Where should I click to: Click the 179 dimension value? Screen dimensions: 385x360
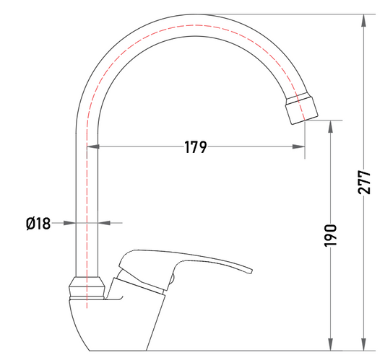pos(196,147)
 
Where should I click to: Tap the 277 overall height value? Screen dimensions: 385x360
pos(364,183)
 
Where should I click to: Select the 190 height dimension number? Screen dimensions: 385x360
pos(330,235)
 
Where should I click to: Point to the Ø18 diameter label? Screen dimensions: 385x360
pos(38,224)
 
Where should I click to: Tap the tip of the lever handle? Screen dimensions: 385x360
pos(251,271)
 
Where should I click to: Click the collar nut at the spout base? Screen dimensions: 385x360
pos(87,288)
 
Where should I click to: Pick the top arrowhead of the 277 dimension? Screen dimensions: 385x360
pos(364,21)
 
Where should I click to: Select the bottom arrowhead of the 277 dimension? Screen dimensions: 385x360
pos(364,345)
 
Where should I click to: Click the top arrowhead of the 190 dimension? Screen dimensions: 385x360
pos(331,126)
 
